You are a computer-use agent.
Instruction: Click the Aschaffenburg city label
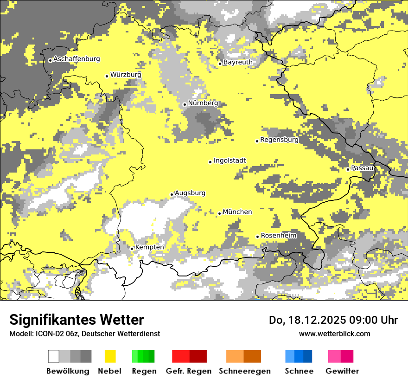tap(76, 59)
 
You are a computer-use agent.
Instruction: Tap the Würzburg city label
tap(126, 74)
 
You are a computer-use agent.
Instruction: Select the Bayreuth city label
tap(238, 62)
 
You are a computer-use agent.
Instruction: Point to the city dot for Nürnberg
tap(185, 104)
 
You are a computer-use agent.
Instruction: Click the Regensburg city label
tap(279, 140)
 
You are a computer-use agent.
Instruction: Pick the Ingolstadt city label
tap(229, 160)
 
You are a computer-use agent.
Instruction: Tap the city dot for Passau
tap(348, 169)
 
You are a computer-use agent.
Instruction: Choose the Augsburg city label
tap(190, 193)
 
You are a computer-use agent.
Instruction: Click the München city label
tap(237, 212)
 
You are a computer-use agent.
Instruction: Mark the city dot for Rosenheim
tap(257, 237)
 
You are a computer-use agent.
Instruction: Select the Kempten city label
tap(149, 247)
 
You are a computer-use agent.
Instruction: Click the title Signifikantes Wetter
tap(76, 320)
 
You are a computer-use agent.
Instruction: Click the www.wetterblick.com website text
tap(334, 334)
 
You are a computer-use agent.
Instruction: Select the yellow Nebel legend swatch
tap(110, 356)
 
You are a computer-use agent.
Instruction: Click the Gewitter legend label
tap(342, 371)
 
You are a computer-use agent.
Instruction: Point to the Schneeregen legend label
tap(244, 371)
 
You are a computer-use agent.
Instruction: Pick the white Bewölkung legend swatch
tap(54, 356)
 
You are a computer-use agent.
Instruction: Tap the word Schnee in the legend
tap(299, 371)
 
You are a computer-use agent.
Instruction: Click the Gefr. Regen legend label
tap(189, 371)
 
